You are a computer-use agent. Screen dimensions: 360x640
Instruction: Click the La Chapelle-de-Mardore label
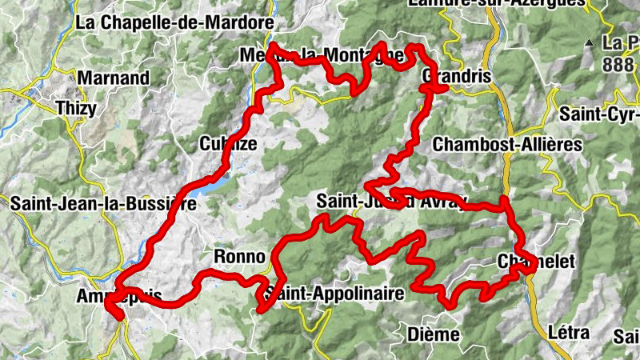click(174, 22)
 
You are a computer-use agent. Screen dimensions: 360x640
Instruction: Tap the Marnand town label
click(114, 78)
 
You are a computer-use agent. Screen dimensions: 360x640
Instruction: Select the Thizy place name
click(75, 106)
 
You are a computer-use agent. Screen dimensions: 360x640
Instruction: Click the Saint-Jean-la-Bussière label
click(102, 204)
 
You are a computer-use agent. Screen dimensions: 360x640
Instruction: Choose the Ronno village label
click(238, 257)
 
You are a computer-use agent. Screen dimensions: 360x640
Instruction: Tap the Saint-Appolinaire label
click(334, 294)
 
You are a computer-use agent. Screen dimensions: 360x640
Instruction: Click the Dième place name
click(433, 334)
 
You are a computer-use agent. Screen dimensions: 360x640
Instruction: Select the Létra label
click(569, 332)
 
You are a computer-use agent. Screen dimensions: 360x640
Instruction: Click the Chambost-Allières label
click(506, 144)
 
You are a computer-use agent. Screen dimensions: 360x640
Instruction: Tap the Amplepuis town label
click(119, 296)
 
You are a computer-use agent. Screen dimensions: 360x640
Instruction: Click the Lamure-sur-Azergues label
click(496, 3)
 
